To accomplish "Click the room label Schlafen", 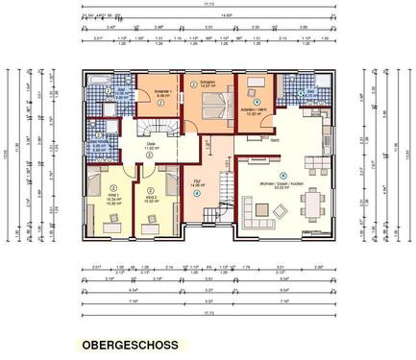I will (x=208, y=84).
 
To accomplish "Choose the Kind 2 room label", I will (x=150, y=200).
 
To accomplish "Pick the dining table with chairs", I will (x=312, y=204).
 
